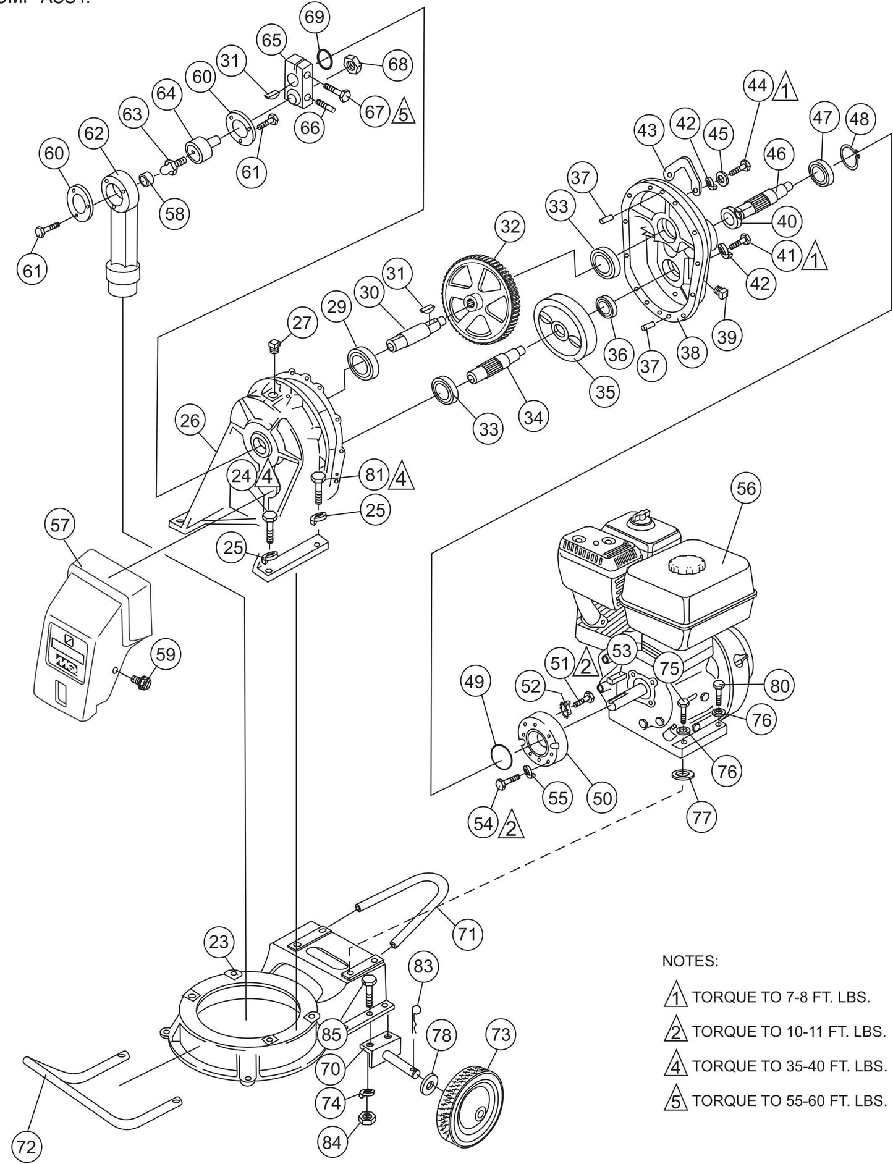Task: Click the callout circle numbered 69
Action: coord(315,17)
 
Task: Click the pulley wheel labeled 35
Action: coord(564,327)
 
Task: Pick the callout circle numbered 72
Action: coord(26,1147)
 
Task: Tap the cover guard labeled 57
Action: coord(93,636)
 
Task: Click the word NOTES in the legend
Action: coord(690,961)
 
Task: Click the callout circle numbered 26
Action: coord(190,421)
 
